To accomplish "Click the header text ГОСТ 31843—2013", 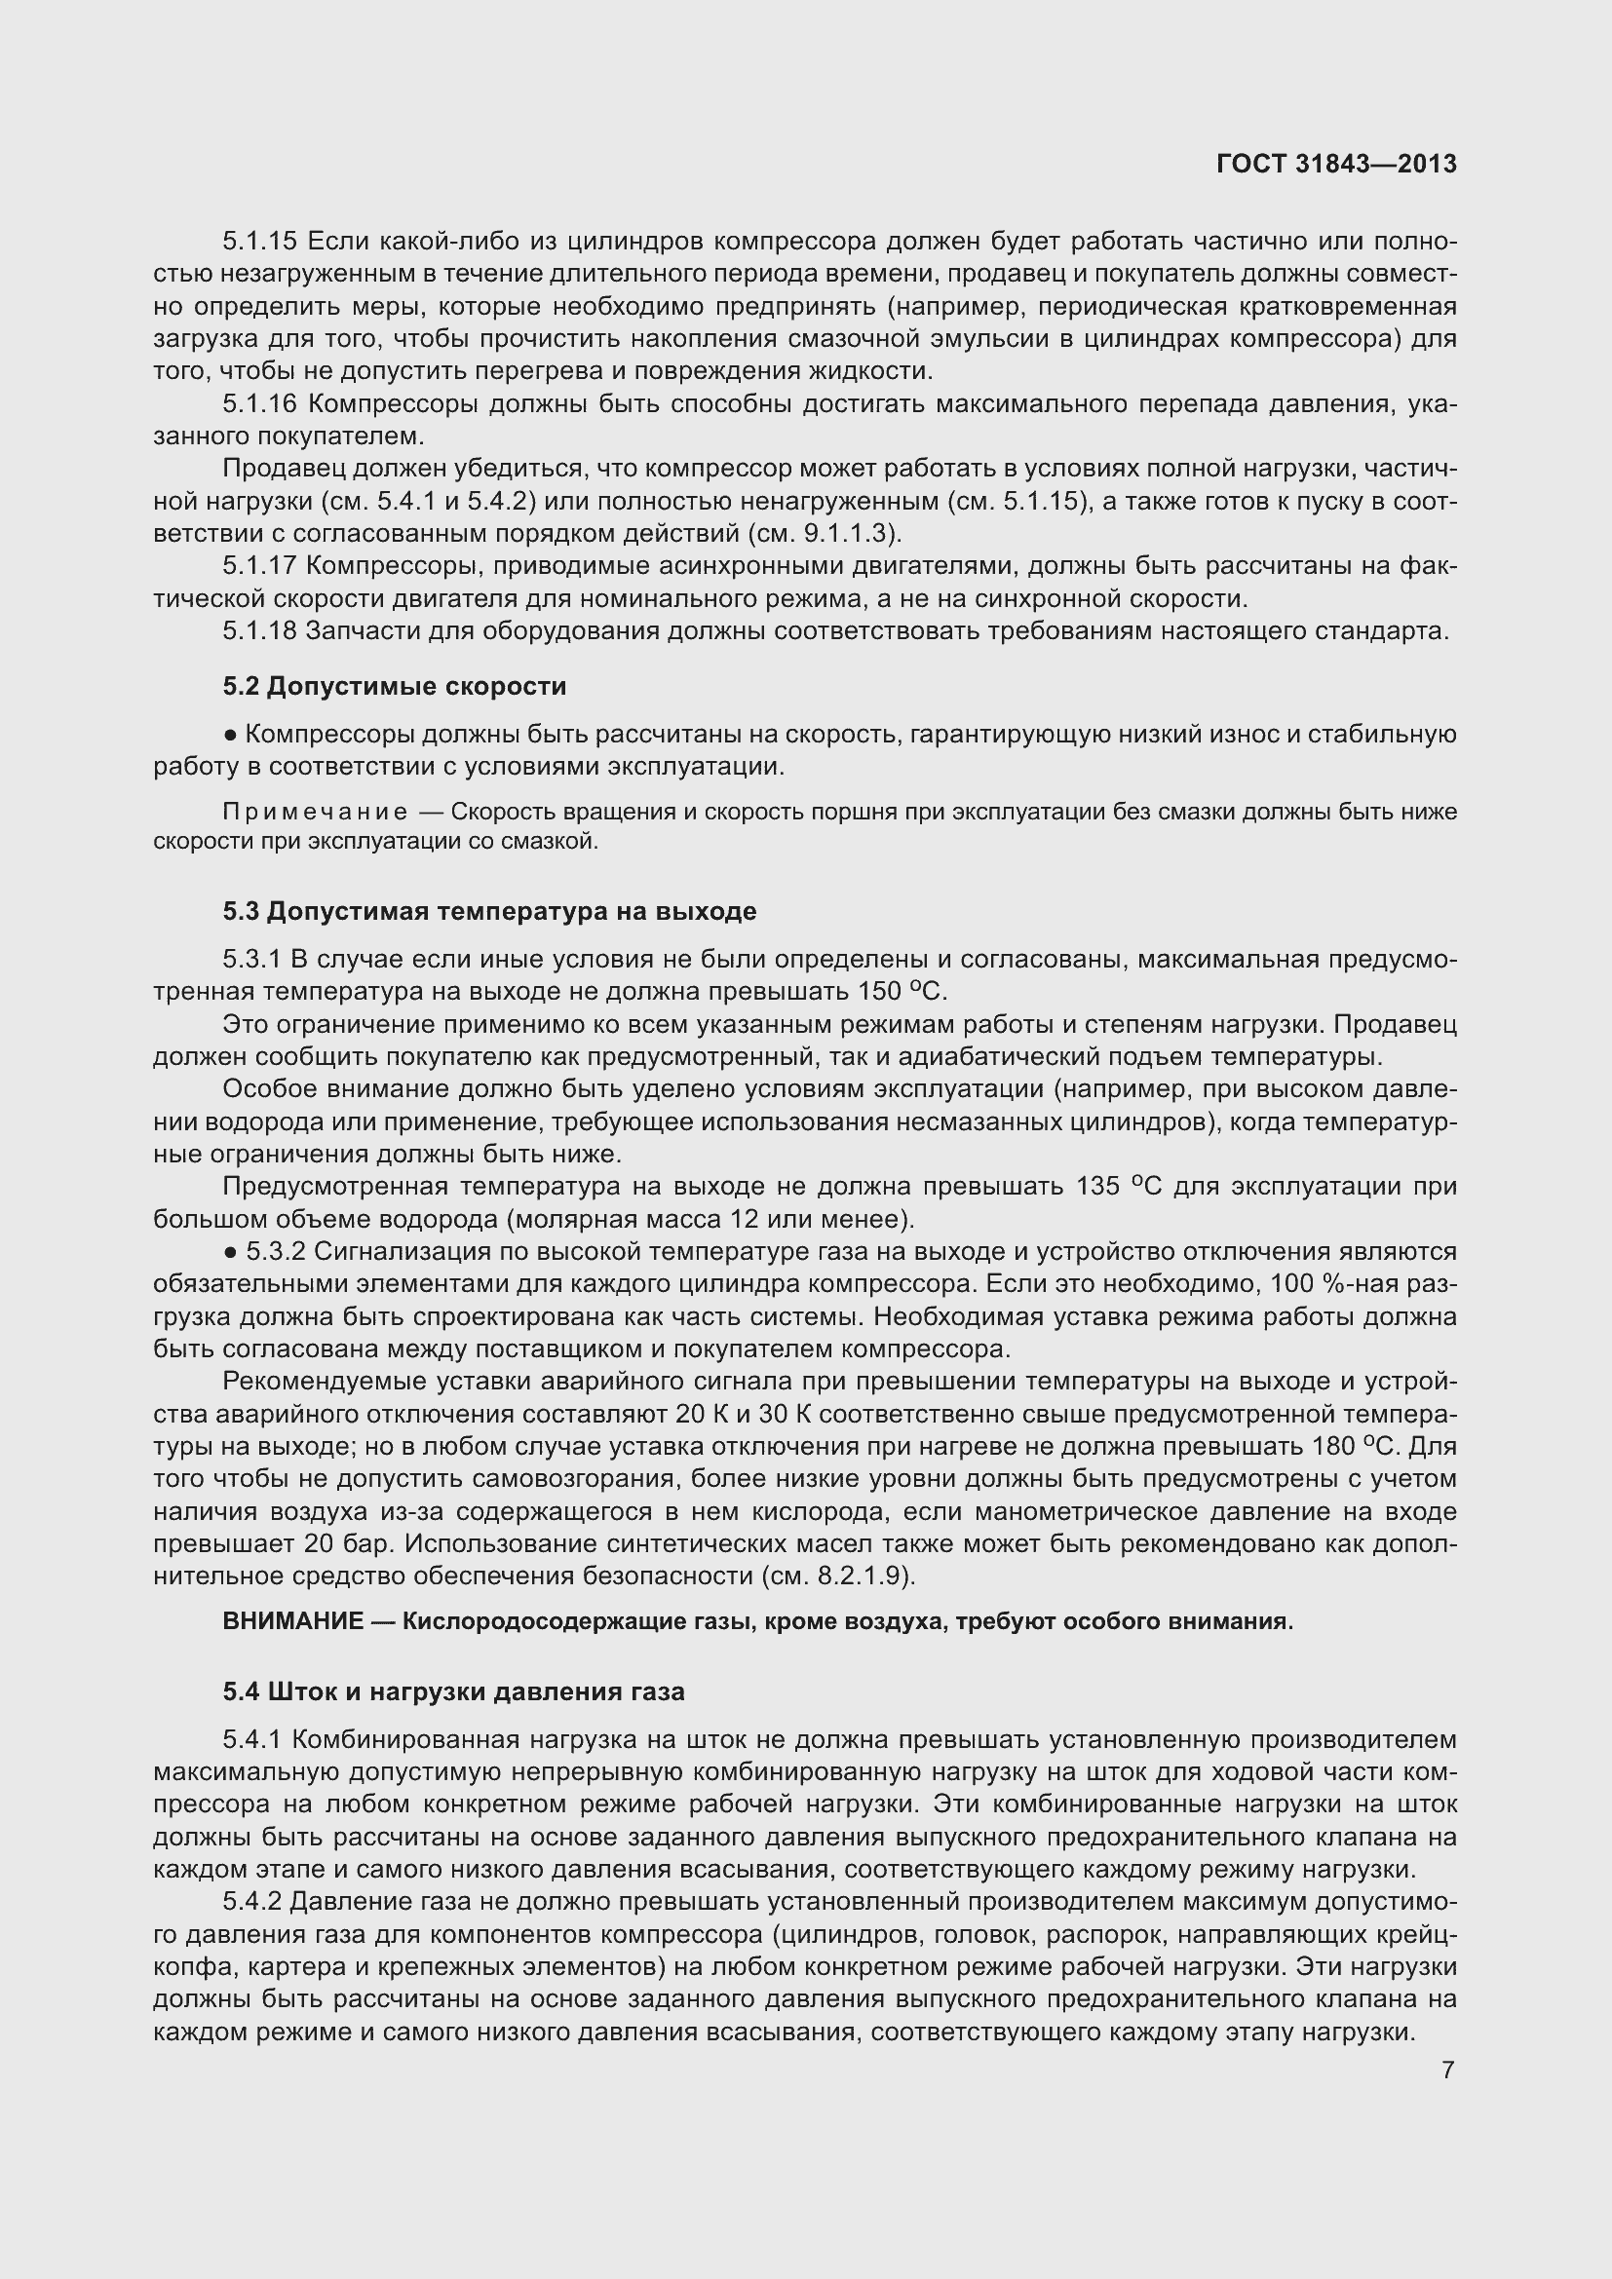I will [1336, 164].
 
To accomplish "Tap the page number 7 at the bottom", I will [1448, 2070].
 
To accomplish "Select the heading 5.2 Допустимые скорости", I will [394, 686].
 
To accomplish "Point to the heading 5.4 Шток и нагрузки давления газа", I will [453, 1690].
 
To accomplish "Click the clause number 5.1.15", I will [260, 242].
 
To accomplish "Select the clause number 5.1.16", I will [260, 404].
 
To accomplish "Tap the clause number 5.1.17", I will [260, 566].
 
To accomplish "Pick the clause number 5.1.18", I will [260, 630].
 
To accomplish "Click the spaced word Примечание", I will [315, 812].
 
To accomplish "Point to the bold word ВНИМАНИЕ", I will [292, 1621].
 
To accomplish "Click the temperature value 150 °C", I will [900, 991].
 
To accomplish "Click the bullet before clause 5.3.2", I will [229, 1252].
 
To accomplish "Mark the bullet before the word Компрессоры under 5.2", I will [229, 735].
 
